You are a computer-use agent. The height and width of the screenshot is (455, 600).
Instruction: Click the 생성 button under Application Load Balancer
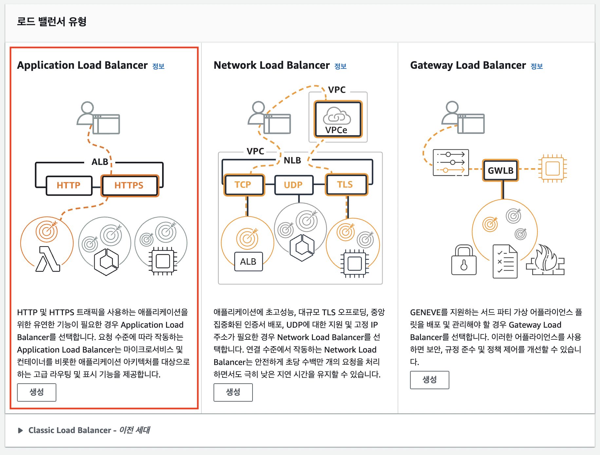coord(36,392)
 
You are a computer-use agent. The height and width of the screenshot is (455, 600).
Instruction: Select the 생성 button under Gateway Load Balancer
coord(429,380)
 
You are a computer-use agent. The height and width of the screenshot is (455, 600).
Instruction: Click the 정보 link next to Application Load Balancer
coord(158,66)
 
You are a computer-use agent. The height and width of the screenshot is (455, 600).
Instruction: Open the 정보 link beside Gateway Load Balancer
coord(536,66)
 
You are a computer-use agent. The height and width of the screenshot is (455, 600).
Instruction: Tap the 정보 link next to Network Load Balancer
coord(340,66)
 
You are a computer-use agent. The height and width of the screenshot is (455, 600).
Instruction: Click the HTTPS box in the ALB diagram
coord(130,186)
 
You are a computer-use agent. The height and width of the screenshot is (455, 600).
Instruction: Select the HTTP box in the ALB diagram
coord(69,186)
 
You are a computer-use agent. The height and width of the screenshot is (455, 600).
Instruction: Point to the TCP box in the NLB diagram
coord(243,185)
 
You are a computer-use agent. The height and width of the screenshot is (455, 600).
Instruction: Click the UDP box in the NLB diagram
coord(293,185)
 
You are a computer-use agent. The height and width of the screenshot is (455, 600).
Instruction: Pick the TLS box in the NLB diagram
coord(346,185)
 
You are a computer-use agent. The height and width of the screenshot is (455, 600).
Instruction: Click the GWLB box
coord(500,171)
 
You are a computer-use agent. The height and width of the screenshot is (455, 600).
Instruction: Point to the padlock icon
coord(463,261)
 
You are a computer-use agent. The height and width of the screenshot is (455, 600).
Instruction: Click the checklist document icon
coord(505,262)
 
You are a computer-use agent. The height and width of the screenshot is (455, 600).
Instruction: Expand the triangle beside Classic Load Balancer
coord(20,430)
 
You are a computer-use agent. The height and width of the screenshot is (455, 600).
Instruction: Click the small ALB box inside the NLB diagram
coord(248,262)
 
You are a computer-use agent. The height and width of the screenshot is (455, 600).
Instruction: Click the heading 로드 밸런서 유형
coord(52,22)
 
